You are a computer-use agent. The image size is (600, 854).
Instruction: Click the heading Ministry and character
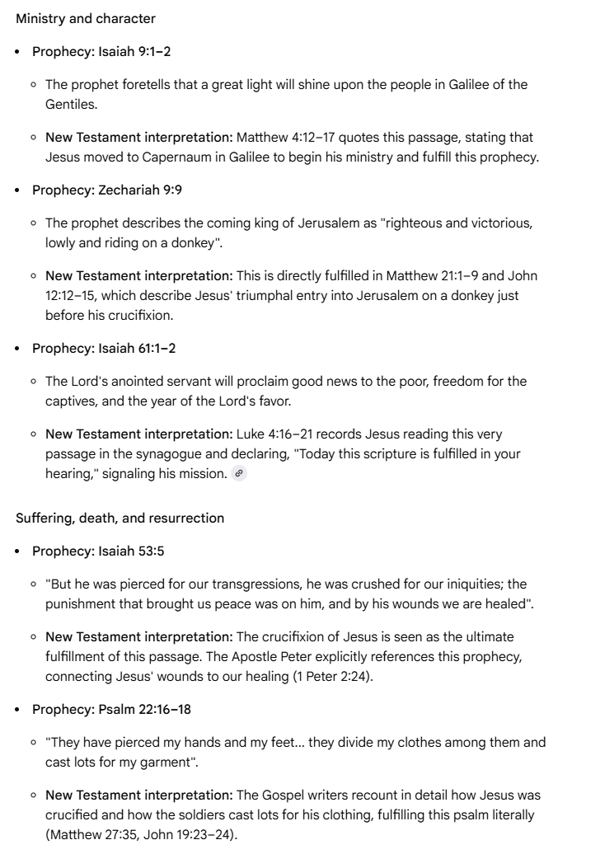pos(86,18)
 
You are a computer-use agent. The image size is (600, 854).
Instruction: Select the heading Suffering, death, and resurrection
pos(120,518)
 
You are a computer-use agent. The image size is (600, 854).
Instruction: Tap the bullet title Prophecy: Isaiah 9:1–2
pos(101,51)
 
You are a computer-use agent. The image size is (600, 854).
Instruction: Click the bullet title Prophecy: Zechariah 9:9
pos(107,190)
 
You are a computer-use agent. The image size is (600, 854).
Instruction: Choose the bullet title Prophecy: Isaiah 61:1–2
pos(104,348)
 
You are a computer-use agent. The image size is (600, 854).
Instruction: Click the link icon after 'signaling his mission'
pos(239,473)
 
